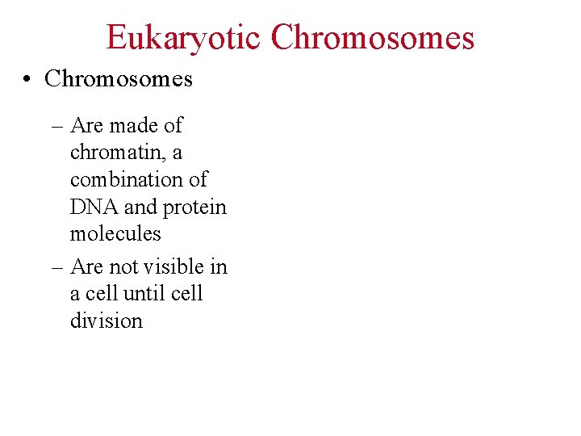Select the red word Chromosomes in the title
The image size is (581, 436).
(x=373, y=38)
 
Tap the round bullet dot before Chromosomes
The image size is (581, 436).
(x=27, y=79)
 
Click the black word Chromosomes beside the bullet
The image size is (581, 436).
(x=119, y=78)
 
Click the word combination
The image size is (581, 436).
(x=138, y=179)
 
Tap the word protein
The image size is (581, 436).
(x=194, y=208)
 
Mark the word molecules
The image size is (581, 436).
(x=115, y=234)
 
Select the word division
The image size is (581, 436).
(x=106, y=321)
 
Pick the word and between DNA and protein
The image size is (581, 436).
(x=140, y=207)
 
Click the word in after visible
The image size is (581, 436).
(x=219, y=266)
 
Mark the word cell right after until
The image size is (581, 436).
(x=186, y=293)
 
